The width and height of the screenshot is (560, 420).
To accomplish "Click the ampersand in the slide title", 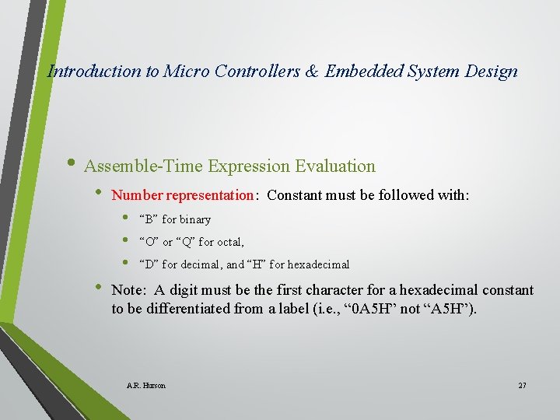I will [310, 72].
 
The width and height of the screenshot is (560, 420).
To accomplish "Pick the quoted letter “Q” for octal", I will [188, 242].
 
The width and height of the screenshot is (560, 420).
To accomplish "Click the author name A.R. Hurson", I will [145, 386].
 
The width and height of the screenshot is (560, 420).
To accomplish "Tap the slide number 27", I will [521, 386].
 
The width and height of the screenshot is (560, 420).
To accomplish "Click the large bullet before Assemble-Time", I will [72, 165].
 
